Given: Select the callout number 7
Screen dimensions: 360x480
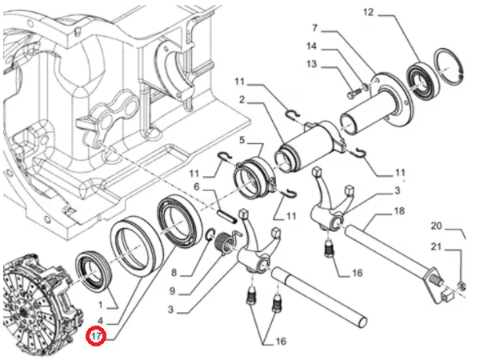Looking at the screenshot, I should click(314, 28).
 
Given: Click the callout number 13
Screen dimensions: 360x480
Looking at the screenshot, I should click(311, 64).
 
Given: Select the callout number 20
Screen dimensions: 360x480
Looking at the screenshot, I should click(436, 225).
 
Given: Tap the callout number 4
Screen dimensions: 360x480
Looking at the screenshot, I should click(102, 321).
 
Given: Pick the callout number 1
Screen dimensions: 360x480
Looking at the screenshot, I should click(102, 306).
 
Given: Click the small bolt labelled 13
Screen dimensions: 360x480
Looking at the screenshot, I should click(354, 94).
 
